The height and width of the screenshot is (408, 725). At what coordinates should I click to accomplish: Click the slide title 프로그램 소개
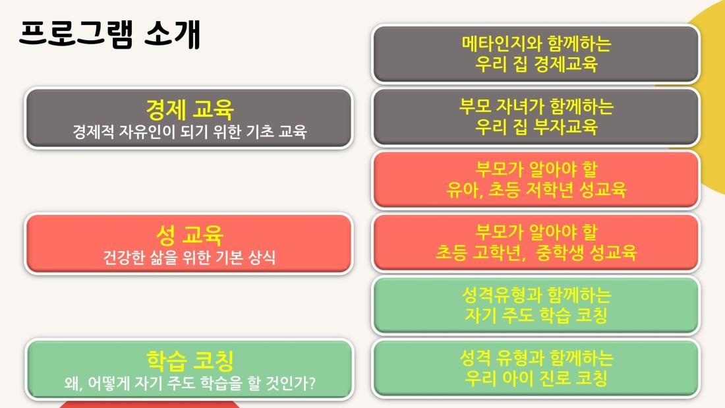[x=110, y=34]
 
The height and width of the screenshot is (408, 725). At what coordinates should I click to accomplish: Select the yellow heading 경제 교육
[x=190, y=109]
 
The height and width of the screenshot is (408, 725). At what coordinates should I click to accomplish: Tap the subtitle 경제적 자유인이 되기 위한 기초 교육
[x=190, y=132]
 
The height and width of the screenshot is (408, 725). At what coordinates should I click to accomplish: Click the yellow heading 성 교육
[x=190, y=235]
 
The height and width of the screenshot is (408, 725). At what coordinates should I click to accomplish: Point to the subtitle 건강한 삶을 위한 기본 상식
[x=190, y=257]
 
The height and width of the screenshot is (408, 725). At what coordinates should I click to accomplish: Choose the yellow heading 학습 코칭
[x=190, y=361]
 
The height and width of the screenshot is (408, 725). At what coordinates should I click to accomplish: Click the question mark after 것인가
[x=312, y=382]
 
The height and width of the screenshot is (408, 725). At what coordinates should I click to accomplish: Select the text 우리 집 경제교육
[x=536, y=64]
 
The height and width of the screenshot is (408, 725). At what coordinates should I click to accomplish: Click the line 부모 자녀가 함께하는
[x=536, y=106]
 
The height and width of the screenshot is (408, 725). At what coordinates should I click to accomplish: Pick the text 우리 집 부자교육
[x=536, y=127]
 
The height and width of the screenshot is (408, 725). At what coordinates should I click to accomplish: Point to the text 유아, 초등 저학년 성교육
[x=536, y=190]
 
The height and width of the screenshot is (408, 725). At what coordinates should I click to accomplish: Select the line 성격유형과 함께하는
[x=536, y=295]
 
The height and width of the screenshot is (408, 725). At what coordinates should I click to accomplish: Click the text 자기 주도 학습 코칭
[x=536, y=315]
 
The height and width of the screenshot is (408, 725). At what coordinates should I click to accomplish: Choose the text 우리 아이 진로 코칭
[x=536, y=378]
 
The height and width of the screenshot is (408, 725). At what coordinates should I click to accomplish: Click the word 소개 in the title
[x=173, y=34]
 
